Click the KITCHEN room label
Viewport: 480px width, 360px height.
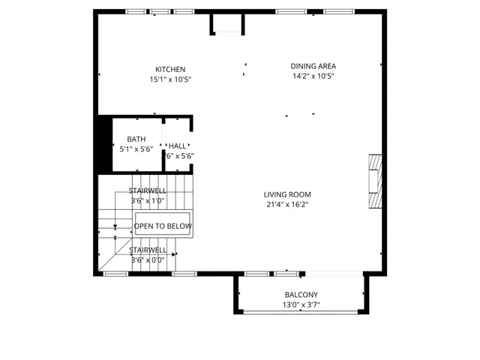coord(170,70)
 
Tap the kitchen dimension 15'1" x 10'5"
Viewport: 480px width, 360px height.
coord(170,79)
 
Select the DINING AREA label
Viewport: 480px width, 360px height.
coord(313,66)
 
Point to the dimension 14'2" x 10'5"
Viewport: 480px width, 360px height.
coord(313,75)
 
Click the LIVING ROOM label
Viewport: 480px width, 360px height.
coord(287,195)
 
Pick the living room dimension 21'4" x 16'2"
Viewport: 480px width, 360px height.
coord(287,204)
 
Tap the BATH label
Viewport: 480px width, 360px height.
coord(136,139)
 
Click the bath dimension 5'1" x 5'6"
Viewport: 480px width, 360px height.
coord(136,149)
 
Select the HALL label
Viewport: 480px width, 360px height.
coord(178,146)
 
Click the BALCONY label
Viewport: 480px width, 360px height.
coord(301,295)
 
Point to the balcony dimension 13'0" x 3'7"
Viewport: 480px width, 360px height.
coord(301,304)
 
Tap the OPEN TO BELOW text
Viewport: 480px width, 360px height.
coord(163,226)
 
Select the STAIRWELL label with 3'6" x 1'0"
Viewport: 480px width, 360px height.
coord(147,191)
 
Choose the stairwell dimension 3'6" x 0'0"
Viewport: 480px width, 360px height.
coord(147,259)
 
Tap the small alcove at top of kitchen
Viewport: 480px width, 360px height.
coord(227,23)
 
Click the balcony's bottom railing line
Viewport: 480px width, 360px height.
coord(301,311)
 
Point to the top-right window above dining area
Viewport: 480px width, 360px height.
coord(334,12)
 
